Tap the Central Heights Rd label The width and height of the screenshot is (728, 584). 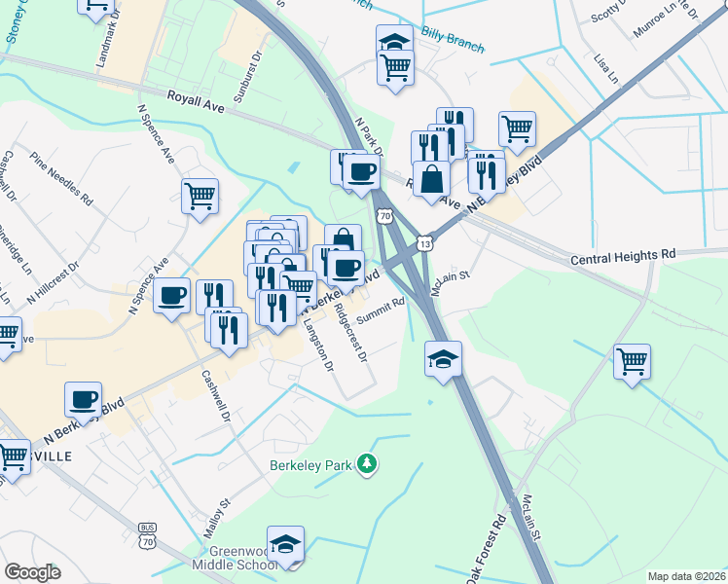tap(622, 255)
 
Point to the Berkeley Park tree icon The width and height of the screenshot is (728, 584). tap(367, 464)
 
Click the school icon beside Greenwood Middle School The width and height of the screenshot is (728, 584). tap(286, 543)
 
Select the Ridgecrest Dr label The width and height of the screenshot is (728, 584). tap(350, 334)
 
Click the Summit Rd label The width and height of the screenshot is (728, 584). tap(380, 311)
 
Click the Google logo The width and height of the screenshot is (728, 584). tap(32, 572)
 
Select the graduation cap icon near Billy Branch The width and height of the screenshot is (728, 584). tap(394, 42)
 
